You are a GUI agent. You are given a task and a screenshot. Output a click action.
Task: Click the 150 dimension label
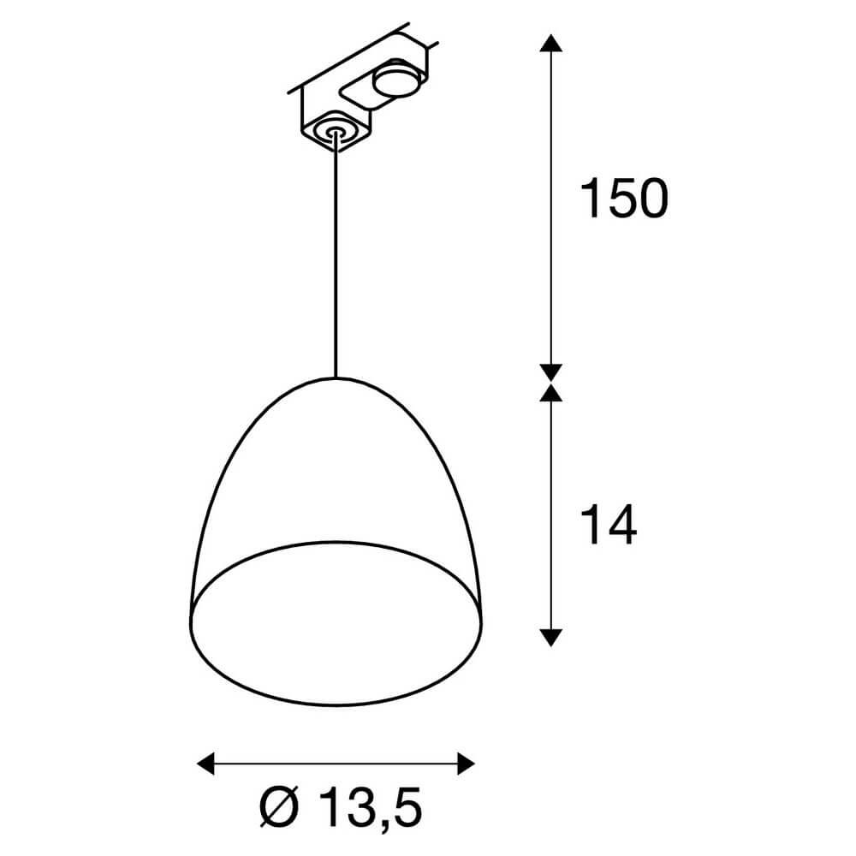click(622, 199)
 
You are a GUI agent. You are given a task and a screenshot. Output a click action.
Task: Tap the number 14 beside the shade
click(609, 525)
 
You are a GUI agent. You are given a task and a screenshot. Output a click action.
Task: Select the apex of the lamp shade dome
click(335, 378)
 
